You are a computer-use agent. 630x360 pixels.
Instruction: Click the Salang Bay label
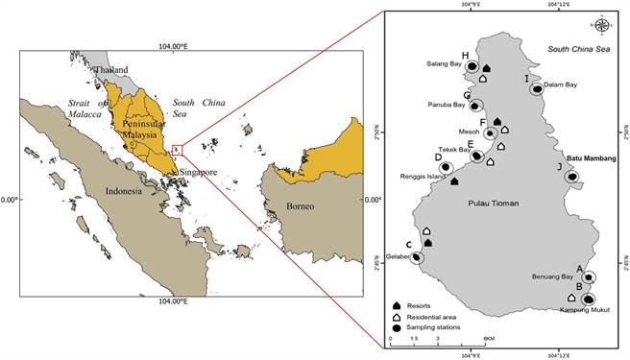pyautogui.click(x=443, y=64)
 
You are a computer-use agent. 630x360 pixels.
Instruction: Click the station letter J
pyautogui.click(x=559, y=166)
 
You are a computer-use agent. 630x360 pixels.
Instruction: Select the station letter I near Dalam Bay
pyautogui.click(x=526, y=79)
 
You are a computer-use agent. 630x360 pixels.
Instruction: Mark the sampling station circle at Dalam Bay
pyautogui.click(x=538, y=89)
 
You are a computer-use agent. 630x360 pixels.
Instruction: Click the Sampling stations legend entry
pyautogui.click(x=433, y=328)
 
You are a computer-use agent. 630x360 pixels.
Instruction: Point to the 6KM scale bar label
pyautogui.click(x=489, y=340)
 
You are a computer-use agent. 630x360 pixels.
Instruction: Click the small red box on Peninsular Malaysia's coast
pyautogui.click(x=177, y=149)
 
